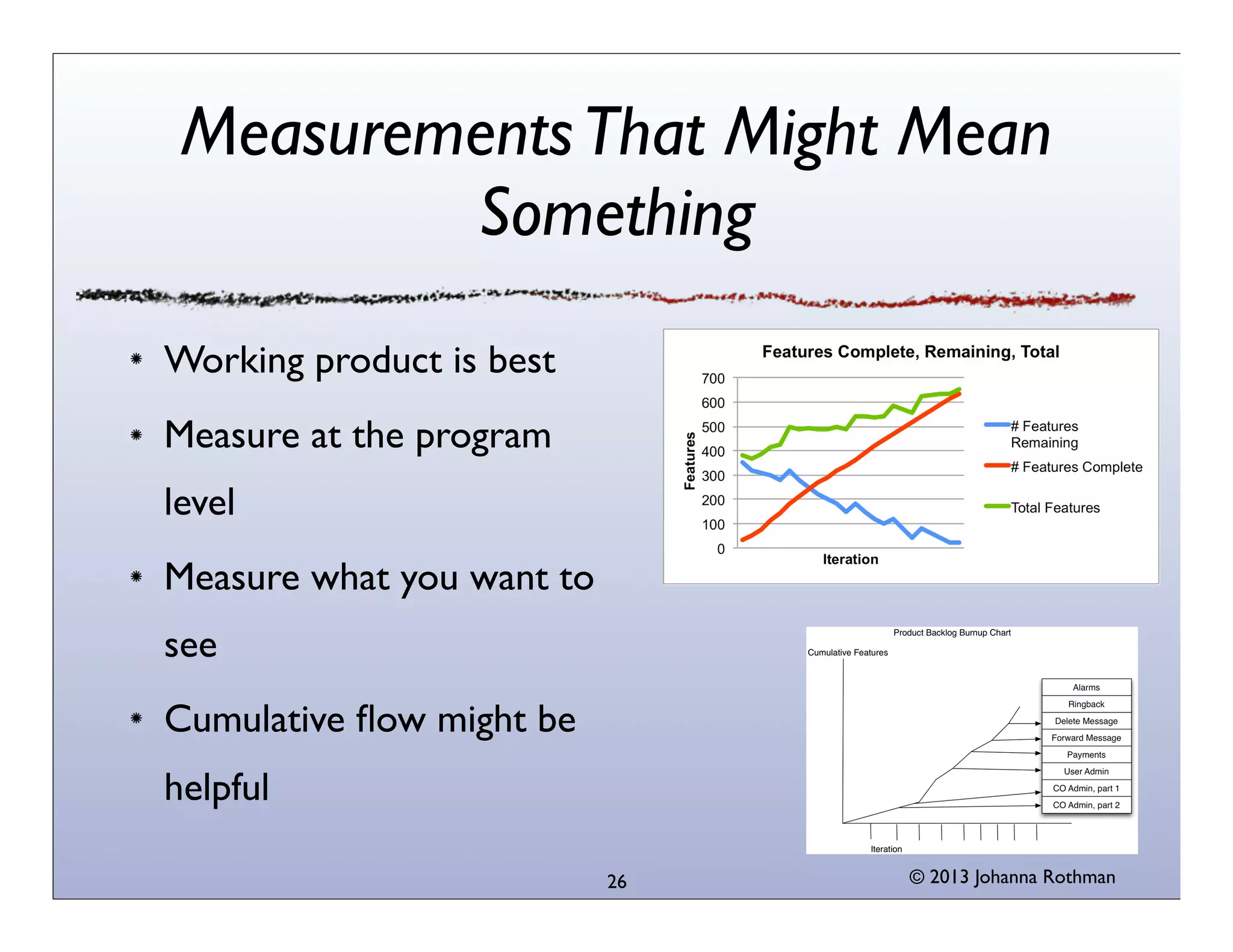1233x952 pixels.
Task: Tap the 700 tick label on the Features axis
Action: click(713, 379)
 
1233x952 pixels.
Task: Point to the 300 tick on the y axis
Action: click(713, 476)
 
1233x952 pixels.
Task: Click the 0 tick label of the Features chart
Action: click(721, 549)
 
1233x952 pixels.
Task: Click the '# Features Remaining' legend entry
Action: click(1044, 434)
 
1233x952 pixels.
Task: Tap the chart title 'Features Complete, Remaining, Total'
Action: click(910, 351)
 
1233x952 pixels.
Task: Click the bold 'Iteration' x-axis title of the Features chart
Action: click(850, 560)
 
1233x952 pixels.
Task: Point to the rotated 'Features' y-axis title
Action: click(690, 461)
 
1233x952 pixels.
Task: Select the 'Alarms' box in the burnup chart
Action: click(1086, 687)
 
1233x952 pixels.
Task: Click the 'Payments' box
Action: click(1086, 755)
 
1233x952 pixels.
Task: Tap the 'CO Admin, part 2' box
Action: click(1086, 805)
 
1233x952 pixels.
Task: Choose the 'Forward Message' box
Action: click(1086, 738)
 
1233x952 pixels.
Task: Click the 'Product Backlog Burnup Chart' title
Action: click(952, 632)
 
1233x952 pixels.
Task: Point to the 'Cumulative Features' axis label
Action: click(848, 652)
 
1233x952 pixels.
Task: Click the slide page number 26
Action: click(616, 882)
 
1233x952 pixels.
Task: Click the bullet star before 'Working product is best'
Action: click(137, 359)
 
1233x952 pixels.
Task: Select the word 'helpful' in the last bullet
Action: click(217, 788)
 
